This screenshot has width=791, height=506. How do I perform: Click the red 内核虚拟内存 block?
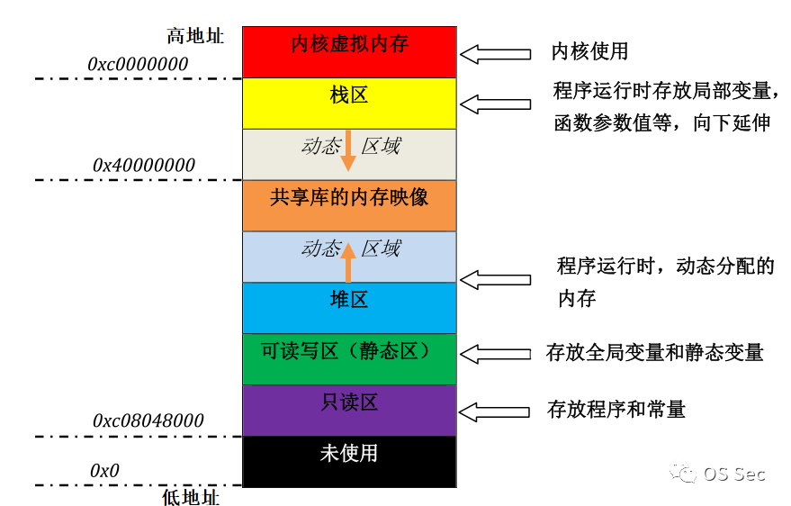click(349, 52)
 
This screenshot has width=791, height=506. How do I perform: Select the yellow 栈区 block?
click(349, 103)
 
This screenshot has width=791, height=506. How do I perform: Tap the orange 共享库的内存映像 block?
click(349, 205)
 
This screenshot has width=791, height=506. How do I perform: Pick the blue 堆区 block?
click(349, 307)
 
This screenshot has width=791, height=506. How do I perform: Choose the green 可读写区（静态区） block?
click(349, 358)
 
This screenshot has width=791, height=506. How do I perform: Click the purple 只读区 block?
click(349, 410)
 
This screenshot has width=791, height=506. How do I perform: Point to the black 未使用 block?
click(349, 460)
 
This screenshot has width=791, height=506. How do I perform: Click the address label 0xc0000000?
click(138, 64)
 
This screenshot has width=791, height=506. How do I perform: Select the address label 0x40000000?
click(144, 166)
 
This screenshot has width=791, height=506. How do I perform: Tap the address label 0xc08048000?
click(148, 420)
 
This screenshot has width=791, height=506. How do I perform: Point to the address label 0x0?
click(104, 470)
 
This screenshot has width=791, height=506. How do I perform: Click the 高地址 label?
click(195, 36)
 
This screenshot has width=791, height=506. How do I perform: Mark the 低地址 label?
click(191, 496)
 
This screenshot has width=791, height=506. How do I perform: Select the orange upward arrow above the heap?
click(348, 262)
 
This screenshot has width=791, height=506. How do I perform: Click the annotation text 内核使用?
click(589, 52)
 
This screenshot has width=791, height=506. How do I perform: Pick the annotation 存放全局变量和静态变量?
click(654, 352)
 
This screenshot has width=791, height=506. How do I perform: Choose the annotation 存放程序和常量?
click(616, 410)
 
